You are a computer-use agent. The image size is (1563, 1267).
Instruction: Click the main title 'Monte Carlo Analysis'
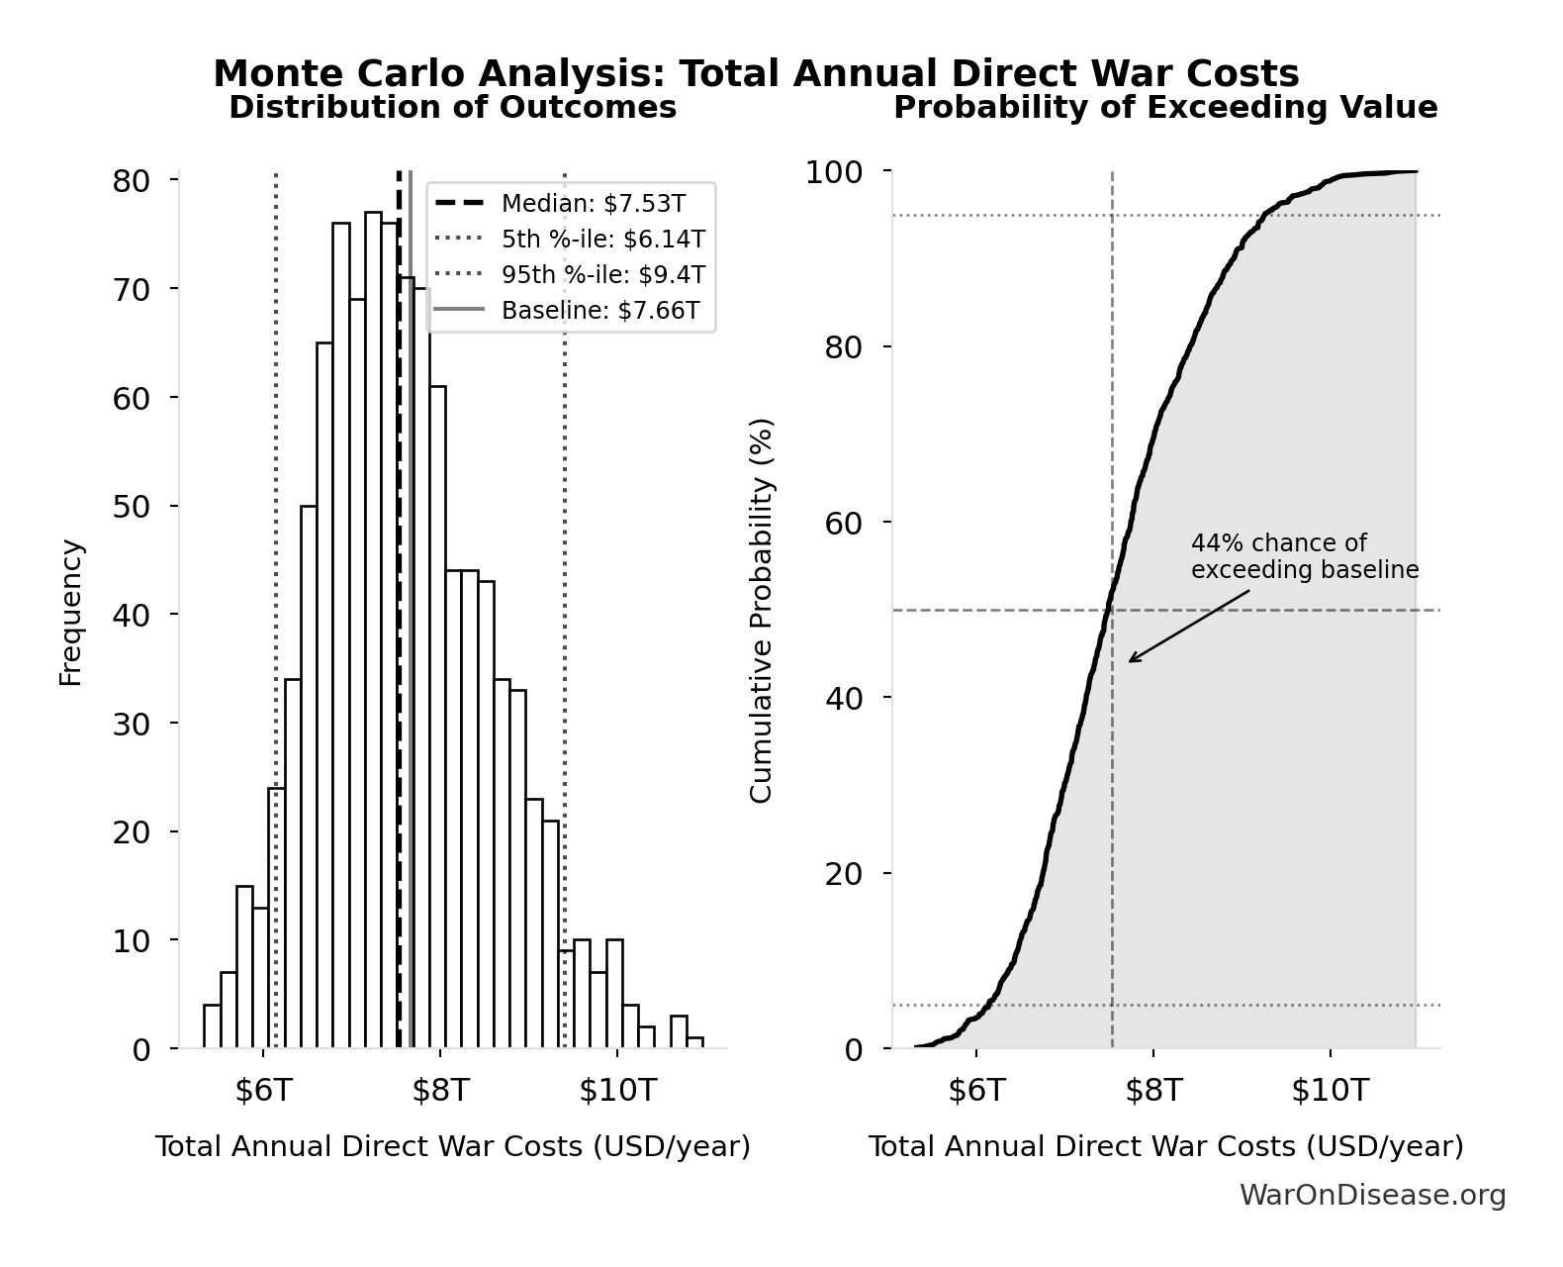756,73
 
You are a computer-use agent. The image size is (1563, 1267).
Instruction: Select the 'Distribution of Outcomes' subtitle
452,107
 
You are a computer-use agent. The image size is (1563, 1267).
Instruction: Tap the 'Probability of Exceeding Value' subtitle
1164,107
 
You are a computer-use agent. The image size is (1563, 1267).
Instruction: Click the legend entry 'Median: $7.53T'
593,204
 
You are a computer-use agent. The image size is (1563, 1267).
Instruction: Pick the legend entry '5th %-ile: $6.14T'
602,240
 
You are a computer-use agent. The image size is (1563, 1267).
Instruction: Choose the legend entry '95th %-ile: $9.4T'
602,275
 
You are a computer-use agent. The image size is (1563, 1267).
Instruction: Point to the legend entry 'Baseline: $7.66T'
599,311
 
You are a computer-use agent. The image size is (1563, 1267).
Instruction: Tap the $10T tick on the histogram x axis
617,1091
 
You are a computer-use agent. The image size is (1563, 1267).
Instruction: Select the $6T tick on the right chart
976,1091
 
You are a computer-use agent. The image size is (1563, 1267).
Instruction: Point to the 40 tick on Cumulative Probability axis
843,698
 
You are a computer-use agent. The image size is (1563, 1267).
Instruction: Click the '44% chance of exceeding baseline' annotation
1304,556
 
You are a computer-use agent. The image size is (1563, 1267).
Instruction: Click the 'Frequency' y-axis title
71,612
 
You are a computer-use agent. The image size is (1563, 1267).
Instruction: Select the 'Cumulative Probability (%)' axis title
761,611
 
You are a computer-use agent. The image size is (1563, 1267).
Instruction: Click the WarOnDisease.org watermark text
1372,1196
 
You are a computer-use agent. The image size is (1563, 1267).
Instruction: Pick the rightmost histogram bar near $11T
695,1042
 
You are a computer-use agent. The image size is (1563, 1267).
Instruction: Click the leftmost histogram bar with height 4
212,1026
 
